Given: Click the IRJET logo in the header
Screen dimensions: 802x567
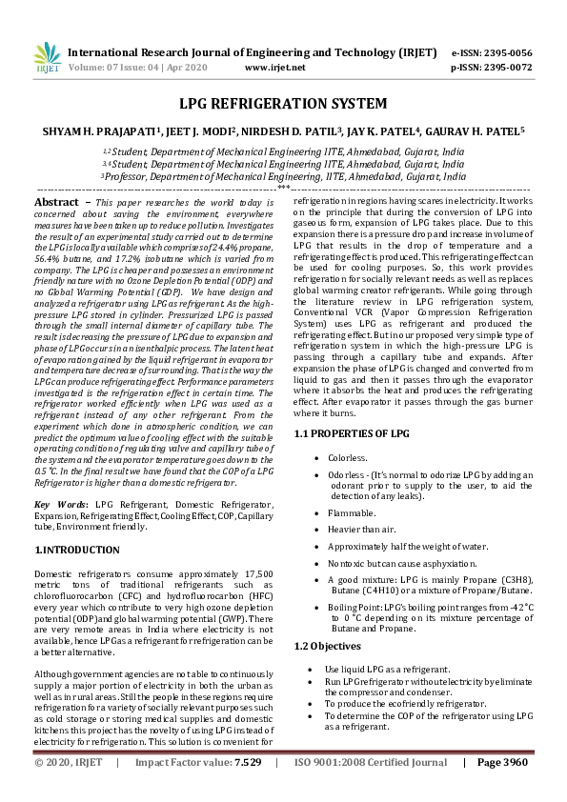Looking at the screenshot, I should pos(46,58).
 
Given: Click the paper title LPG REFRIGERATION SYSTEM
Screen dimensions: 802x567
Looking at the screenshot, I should pos(283,103).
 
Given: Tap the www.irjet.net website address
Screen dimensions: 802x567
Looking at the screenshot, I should pos(275,68).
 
